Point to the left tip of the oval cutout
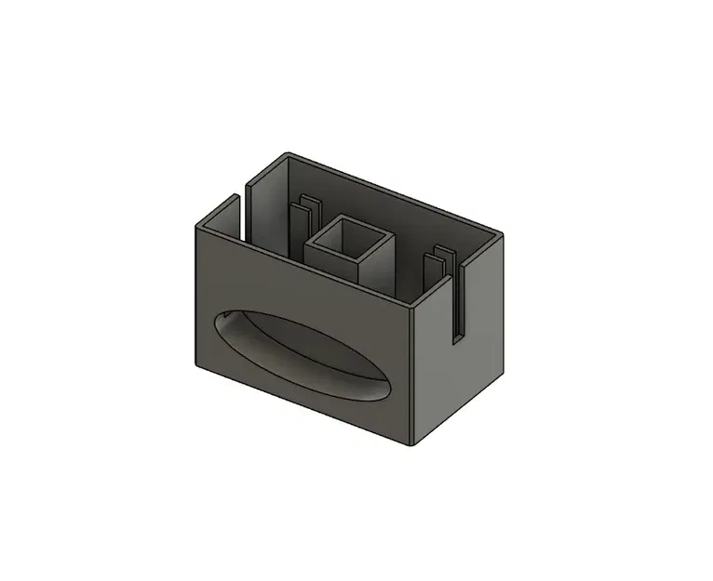click(217, 319)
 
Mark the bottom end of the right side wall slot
click(458, 340)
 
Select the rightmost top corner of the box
click(503, 233)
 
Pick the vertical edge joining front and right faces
click(413, 372)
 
